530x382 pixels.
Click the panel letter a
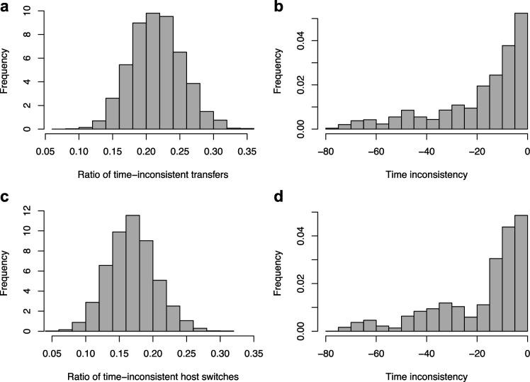click(x=6, y=7)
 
